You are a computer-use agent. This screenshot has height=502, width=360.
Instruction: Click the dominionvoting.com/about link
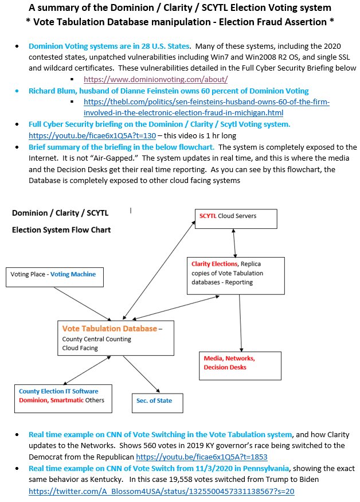(155, 79)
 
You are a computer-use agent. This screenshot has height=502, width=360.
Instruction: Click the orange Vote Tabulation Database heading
(109, 329)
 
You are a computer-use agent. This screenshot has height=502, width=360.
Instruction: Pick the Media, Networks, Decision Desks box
(240, 365)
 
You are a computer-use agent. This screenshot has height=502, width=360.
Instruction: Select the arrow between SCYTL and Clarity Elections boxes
(233, 243)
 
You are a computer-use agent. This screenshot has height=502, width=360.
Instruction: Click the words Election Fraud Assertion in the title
(257, 21)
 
